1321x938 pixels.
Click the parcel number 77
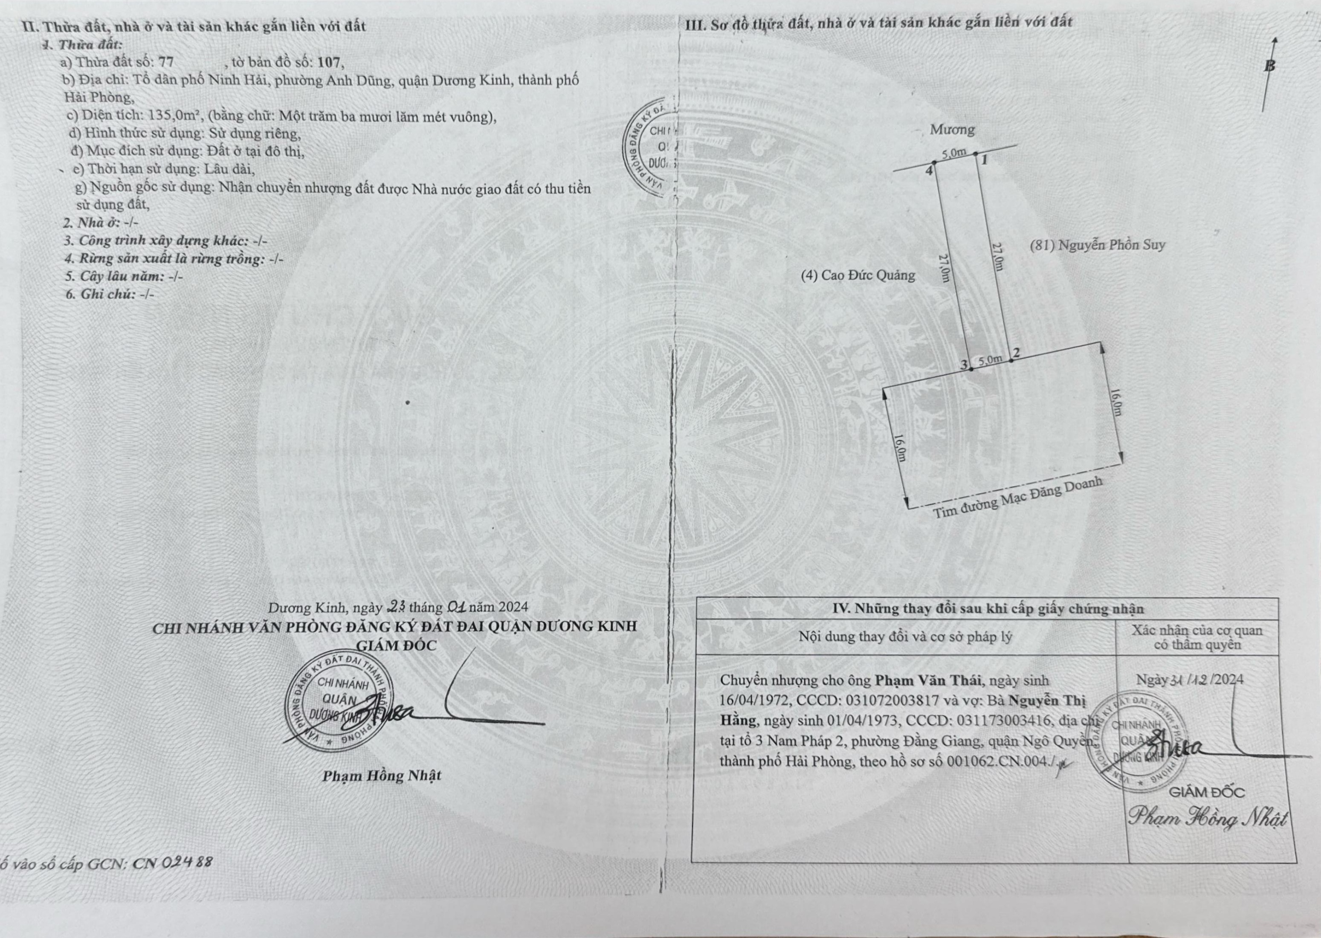click(x=166, y=62)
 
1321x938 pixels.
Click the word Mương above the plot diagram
click(x=952, y=129)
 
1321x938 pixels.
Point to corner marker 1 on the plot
click(x=976, y=153)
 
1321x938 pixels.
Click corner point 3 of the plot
click(x=971, y=368)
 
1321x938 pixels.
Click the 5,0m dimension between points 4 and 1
click(x=953, y=153)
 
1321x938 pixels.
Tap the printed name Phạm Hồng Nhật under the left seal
click(x=382, y=776)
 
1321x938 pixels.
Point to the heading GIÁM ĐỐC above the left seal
click(x=396, y=645)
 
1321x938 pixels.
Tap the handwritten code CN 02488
click(x=172, y=863)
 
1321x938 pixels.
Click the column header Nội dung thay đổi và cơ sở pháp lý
click(x=905, y=637)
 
